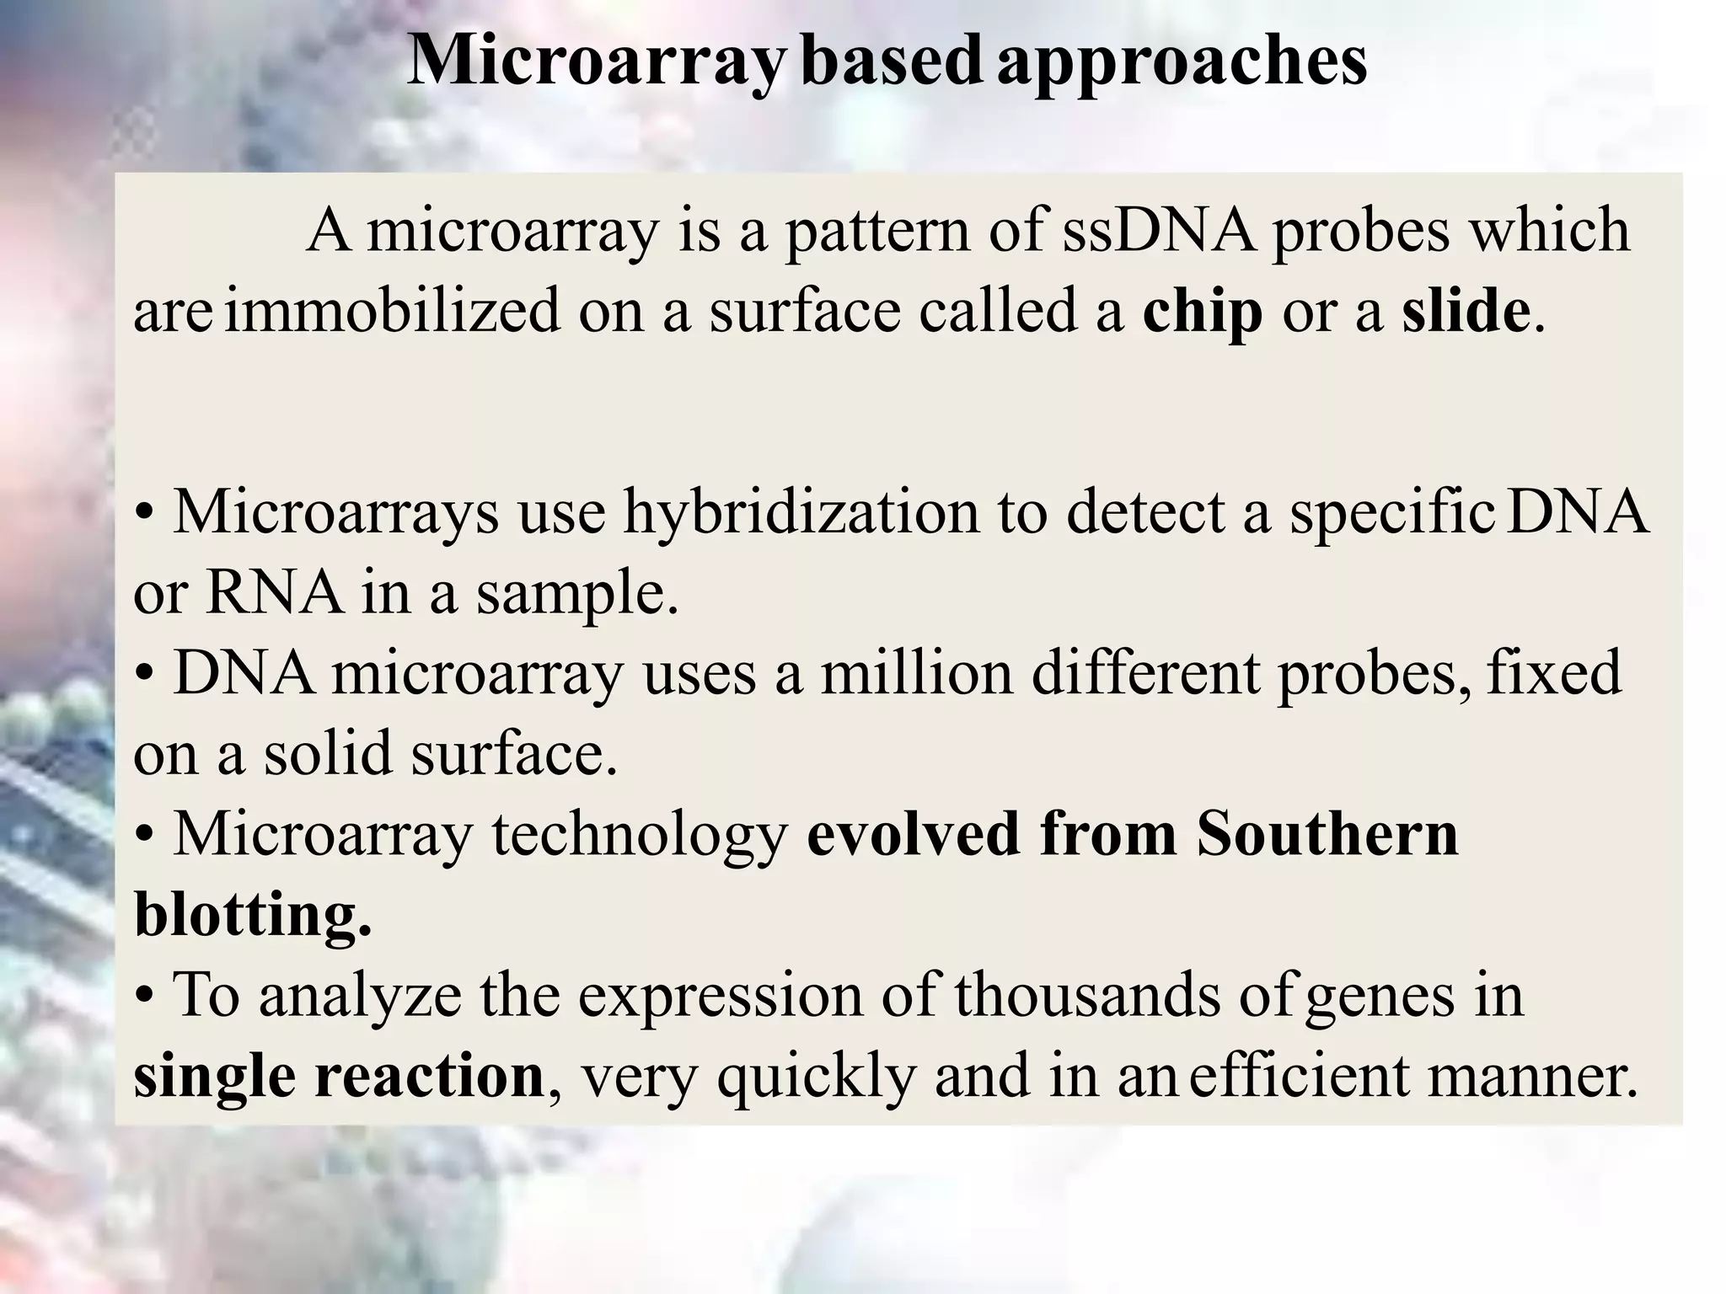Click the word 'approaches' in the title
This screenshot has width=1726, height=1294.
click(1182, 63)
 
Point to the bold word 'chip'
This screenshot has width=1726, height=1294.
click(1203, 312)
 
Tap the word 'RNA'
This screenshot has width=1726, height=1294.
click(275, 592)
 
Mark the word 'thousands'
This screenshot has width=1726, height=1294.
click(1088, 995)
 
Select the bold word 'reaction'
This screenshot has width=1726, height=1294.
click(430, 1076)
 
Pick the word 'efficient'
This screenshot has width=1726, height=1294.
click(1299, 1076)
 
